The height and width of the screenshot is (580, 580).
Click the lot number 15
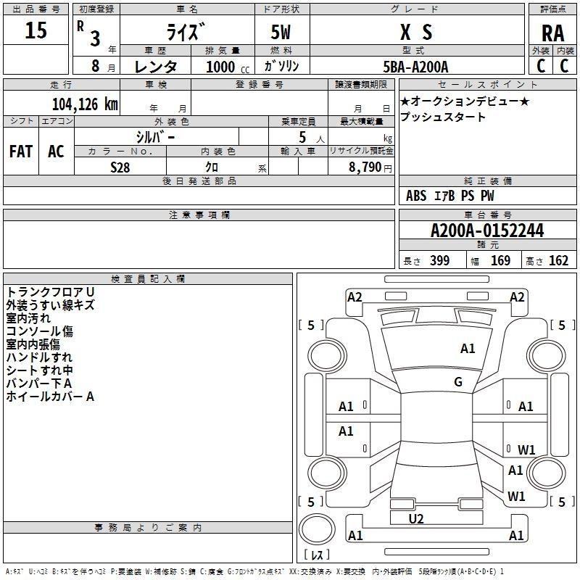click(36, 31)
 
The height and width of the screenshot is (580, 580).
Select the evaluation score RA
click(552, 33)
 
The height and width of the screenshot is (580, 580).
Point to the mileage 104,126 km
click(85, 104)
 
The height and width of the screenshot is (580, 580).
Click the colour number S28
click(120, 167)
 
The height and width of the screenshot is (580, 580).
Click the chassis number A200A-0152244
click(486, 231)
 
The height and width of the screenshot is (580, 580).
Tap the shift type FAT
click(21, 152)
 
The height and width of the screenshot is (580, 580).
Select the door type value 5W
click(281, 33)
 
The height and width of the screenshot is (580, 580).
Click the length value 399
click(439, 261)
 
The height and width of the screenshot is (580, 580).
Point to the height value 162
click(558, 261)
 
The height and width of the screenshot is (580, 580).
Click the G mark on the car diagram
click(458, 382)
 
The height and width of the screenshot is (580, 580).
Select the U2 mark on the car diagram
click(416, 518)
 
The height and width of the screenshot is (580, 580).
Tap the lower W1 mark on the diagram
click(516, 497)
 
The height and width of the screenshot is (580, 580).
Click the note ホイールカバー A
click(50, 397)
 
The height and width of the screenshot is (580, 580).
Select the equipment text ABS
click(416, 196)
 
